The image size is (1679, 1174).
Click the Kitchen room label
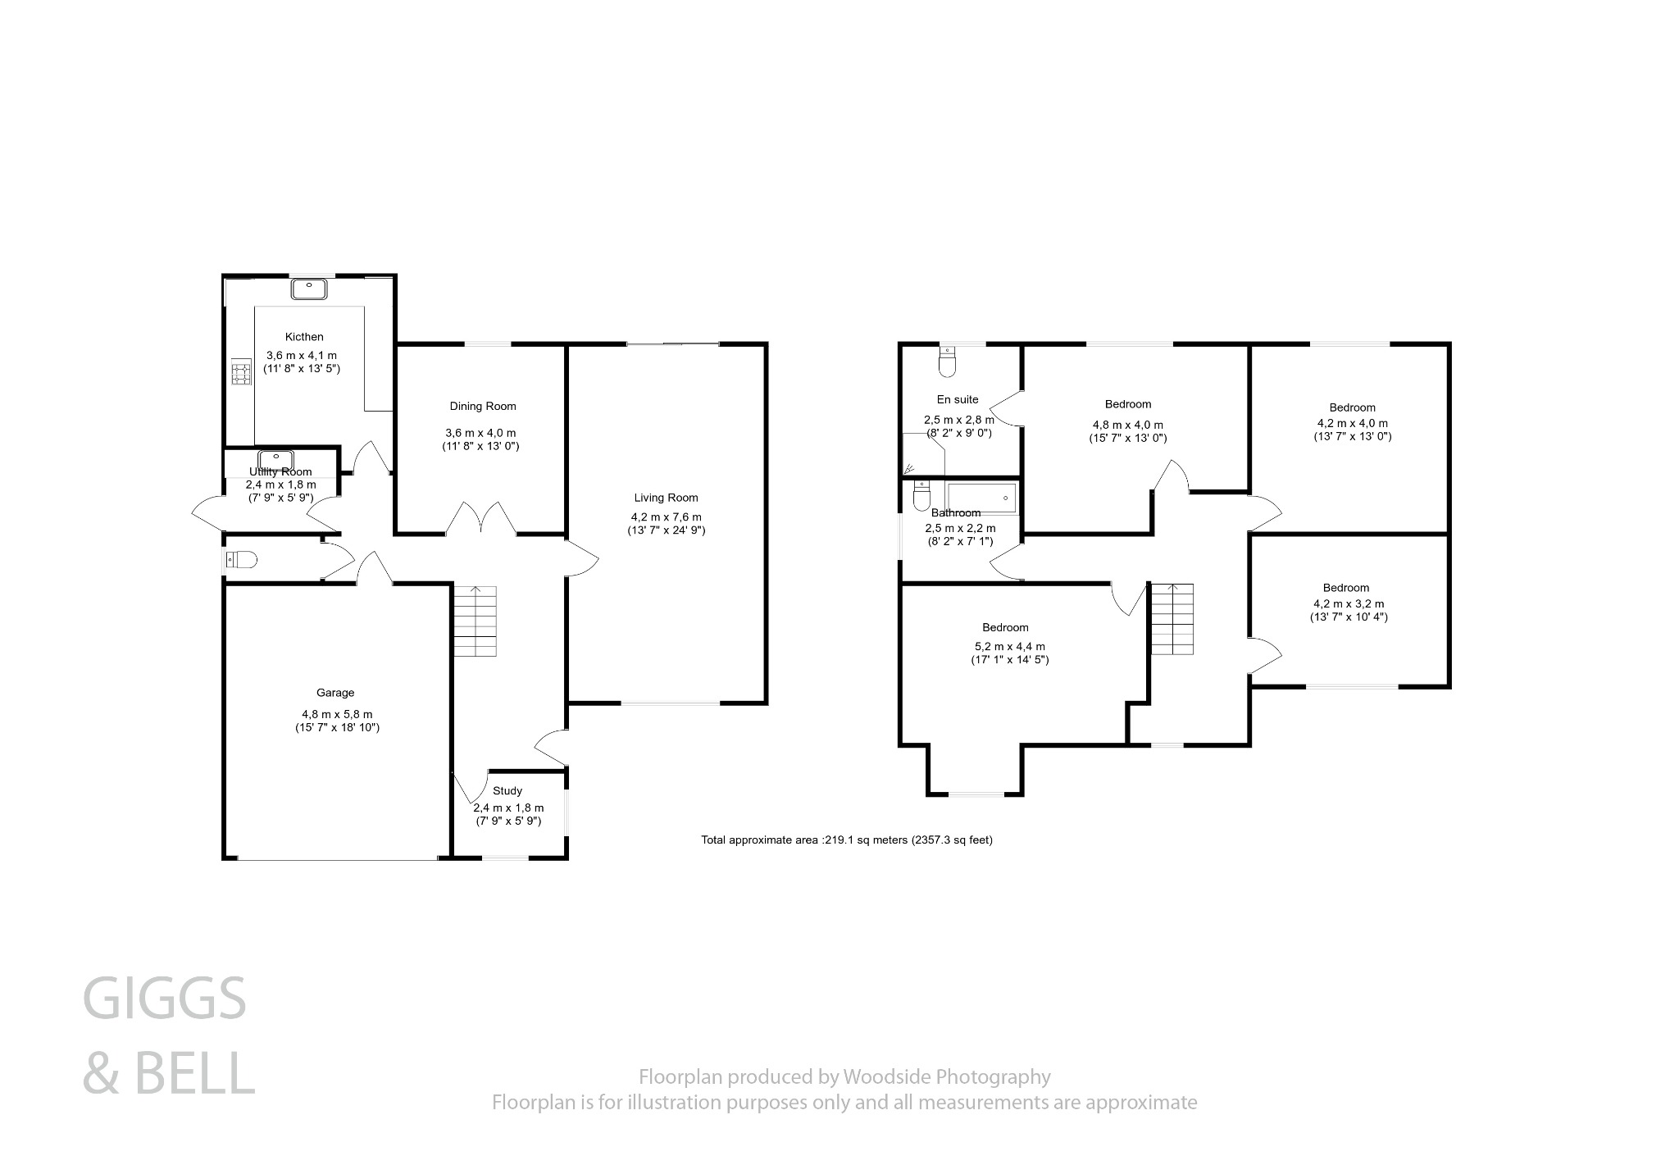[x=304, y=337]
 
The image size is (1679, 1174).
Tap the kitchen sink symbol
[x=309, y=289]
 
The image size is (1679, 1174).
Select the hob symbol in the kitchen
[x=241, y=373]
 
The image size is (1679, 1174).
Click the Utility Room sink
[x=276, y=459]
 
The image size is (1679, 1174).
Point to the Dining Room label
[x=482, y=407]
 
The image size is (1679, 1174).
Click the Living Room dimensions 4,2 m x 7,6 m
[x=666, y=517]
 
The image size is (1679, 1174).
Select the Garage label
[x=335, y=693]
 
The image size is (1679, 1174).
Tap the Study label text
[x=507, y=791]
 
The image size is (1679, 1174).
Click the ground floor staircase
[x=475, y=621]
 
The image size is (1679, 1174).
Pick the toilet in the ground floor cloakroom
[x=241, y=560]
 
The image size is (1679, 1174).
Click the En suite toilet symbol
[x=947, y=362]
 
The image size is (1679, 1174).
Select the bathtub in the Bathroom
[x=981, y=497]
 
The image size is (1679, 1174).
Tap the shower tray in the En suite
[x=923, y=455]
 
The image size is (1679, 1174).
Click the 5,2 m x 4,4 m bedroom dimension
[x=1005, y=647]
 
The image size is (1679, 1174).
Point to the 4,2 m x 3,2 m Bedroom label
[x=1345, y=588]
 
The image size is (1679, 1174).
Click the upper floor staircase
[x=1172, y=619]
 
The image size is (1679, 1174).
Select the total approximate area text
[x=847, y=840]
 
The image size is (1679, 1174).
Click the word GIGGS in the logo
[x=165, y=999]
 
